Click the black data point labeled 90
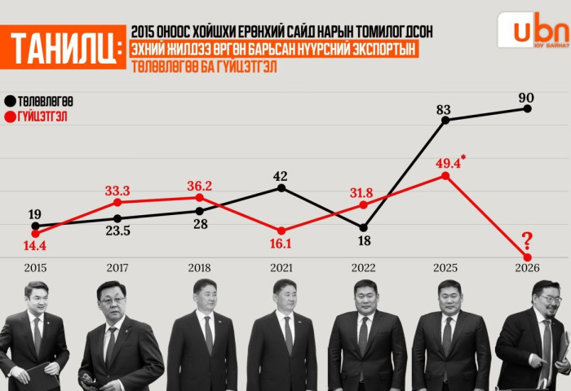(528, 108)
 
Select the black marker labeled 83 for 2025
(445, 120)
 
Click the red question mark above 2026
(527, 239)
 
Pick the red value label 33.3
(118, 191)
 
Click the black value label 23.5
(118, 231)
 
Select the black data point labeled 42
(281, 188)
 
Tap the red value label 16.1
(281, 243)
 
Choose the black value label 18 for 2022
(364, 241)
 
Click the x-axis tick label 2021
(281, 267)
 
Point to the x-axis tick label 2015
(36, 267)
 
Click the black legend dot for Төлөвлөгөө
(11, 101)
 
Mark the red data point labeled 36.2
(200, 197)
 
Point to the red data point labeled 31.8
(364, 204)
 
